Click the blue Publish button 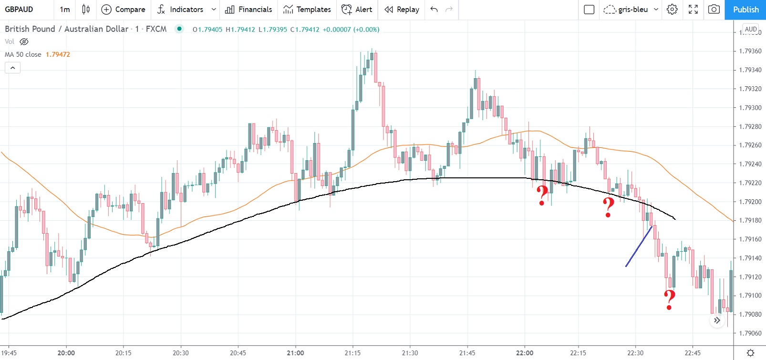point(745,10)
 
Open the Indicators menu point(186,10)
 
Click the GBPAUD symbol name point(19,10)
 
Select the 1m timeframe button point(65,10)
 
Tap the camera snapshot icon point(714,10)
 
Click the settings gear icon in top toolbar point(672,10)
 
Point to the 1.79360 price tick point(750,51)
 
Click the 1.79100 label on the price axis point(750,296)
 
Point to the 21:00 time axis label point(295,353)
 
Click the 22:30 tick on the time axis point(635,353)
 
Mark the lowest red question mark point(670,300)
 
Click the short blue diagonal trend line point(639,247)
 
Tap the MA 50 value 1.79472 point(58,54)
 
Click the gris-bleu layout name point(633,10)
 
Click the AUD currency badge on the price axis point(750,29)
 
